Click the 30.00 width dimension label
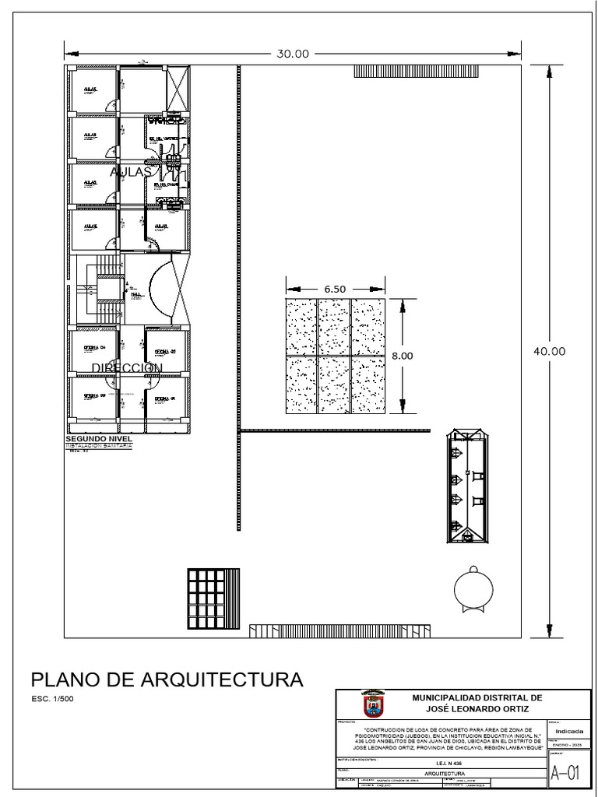point(293,54)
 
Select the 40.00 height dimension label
point(549,351)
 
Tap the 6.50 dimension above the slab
point(335,289)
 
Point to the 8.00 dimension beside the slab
point(402,355)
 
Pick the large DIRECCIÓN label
point(127,367)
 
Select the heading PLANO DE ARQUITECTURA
point(166,679)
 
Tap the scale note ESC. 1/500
point(48,699)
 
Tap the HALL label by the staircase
point(136,295)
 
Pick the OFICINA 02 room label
point(165,351)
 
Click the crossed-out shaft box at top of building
point(179,91)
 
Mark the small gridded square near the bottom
point(205,599)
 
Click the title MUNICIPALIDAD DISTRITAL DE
point(477,698)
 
